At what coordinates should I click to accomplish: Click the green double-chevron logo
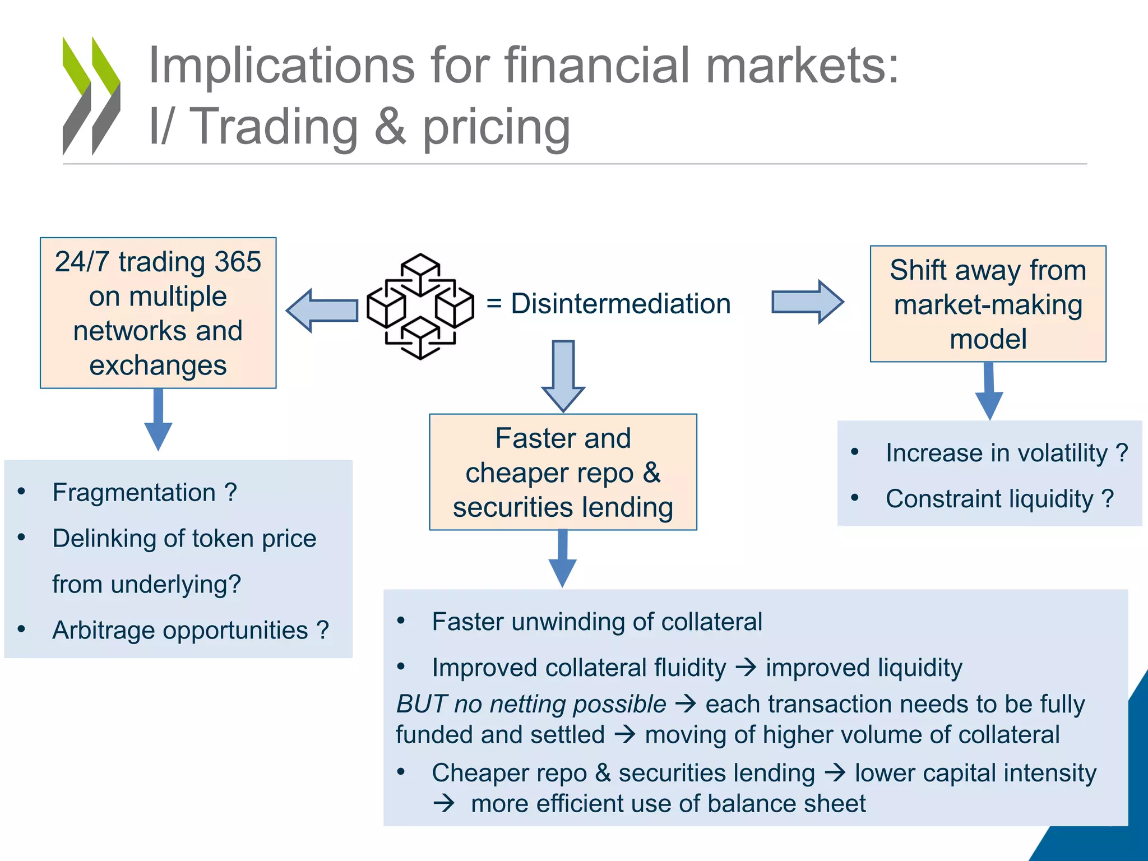point(91,96)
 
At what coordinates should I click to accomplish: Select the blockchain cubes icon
point(420,306)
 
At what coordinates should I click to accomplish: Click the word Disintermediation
point(621,304)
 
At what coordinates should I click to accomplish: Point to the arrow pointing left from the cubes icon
point(322,310)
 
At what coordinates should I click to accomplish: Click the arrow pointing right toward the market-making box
point(807,302)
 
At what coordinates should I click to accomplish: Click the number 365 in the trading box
point(238,262)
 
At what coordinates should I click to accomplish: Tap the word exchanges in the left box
point(158,365)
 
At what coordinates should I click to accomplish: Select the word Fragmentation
point(134,493)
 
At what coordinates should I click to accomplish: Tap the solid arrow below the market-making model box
point(989,391)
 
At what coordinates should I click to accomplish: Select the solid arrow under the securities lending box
point(562,558)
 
